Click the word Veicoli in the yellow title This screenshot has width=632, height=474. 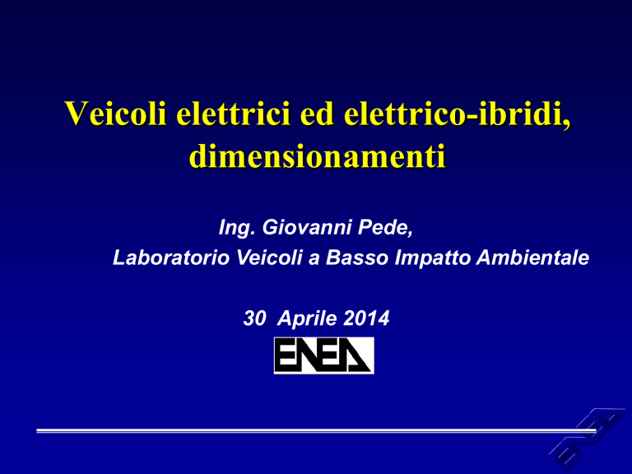pyautogui.click(x=115, y=114)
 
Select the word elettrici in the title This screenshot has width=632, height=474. pyautogui.click(x=234, y=114)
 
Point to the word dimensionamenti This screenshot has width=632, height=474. pyautogui.click(x=317, y=156)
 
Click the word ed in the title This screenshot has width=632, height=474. pyautogui.click(x=317, y=114)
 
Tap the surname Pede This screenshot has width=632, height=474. pyautogui.click(x=385, y=228)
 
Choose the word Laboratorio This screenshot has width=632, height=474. pyautogui.click(x=171, y=257)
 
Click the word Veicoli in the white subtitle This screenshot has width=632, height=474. pyautogui.click(x=269, y=257)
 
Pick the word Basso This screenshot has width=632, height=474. pyautogui.click(x=357, y=257)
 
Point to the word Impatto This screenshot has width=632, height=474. pyautogui.click(x=432, y=258)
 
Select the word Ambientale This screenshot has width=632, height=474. pyautogui.click(x=532, y=257)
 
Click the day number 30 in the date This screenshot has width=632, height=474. pyautogui.click(x=254, y=318)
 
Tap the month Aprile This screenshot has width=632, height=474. pyautogui.click(x=307, y=318)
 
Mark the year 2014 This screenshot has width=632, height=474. pyautogui.click(x=366, y=318)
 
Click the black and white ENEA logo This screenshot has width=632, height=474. pyautogui.click(x=323, y=355)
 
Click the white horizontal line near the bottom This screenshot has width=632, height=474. pyautogui.click(x=316, y=431)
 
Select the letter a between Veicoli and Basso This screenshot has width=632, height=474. pyautogui.click(x=314, y=259)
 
